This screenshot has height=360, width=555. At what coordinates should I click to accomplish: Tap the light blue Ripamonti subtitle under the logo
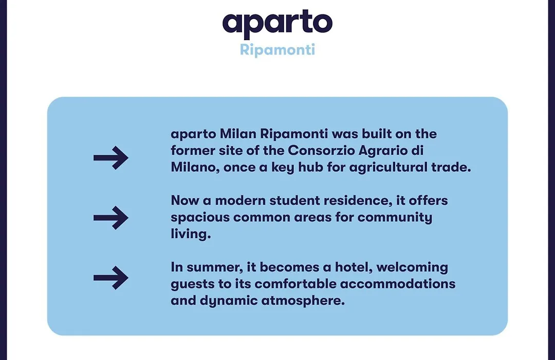point(277,50)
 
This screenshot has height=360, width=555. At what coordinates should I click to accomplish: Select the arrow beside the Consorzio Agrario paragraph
point(111,158)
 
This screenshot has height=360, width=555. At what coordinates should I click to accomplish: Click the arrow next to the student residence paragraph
point(111,218)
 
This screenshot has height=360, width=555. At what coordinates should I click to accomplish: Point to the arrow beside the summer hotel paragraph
point(111,278)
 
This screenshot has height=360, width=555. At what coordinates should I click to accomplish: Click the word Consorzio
point(321,151)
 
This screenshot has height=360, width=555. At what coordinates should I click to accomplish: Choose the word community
point(395,218)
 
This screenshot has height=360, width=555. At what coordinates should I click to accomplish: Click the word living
point(191,234)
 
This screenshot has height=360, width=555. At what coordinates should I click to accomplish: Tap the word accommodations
point(398,284)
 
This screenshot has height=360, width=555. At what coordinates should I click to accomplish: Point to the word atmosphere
point(303,301)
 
